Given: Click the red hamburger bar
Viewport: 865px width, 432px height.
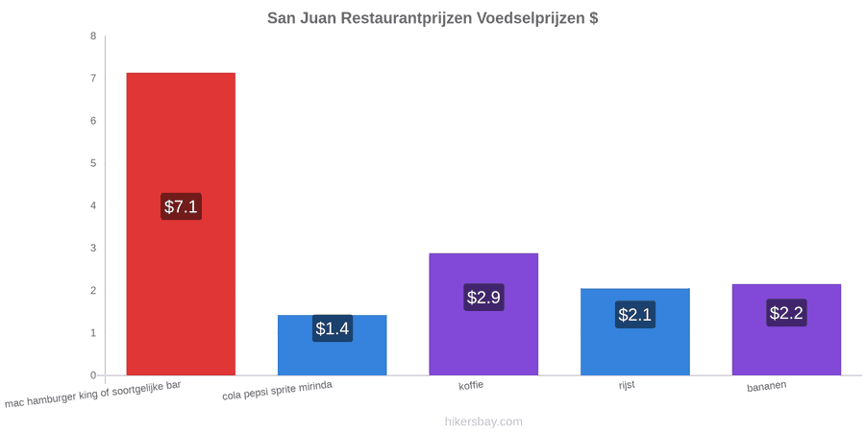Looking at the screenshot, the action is point(181,224).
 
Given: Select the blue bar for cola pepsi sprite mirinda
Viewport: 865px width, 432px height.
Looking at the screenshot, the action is point(333,345).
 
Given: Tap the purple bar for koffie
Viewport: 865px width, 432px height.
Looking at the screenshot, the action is point(483,314).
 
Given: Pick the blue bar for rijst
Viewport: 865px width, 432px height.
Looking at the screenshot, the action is point(635,332).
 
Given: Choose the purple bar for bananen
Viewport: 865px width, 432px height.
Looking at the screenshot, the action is point(786,329).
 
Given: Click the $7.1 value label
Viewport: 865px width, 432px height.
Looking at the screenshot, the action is point(181,206).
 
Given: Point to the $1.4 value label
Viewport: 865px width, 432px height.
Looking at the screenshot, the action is point(333,328).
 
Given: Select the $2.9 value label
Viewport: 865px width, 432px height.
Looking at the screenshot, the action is point(483,297).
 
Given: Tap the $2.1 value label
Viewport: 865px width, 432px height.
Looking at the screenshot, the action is point(635,315).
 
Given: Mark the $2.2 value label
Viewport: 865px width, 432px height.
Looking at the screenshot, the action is point(786,312).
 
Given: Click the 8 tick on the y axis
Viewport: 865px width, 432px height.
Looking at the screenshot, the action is point(93,36).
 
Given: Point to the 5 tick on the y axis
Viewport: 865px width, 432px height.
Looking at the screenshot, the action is point(93,163).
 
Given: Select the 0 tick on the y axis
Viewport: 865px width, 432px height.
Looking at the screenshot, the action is point(93,375).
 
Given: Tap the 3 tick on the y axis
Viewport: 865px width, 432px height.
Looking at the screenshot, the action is point(93,248).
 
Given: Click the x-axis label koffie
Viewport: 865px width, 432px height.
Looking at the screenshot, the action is point(471,385).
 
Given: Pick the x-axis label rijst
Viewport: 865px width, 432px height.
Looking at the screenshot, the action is point(627,384).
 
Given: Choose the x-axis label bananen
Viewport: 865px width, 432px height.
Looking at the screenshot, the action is point(767,386).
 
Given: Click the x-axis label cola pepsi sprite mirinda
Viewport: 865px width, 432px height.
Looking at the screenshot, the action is point(278,391).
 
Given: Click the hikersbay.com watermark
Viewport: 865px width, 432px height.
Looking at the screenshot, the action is point(483,421).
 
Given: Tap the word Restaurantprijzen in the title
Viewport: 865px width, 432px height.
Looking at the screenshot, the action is point(406,18).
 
